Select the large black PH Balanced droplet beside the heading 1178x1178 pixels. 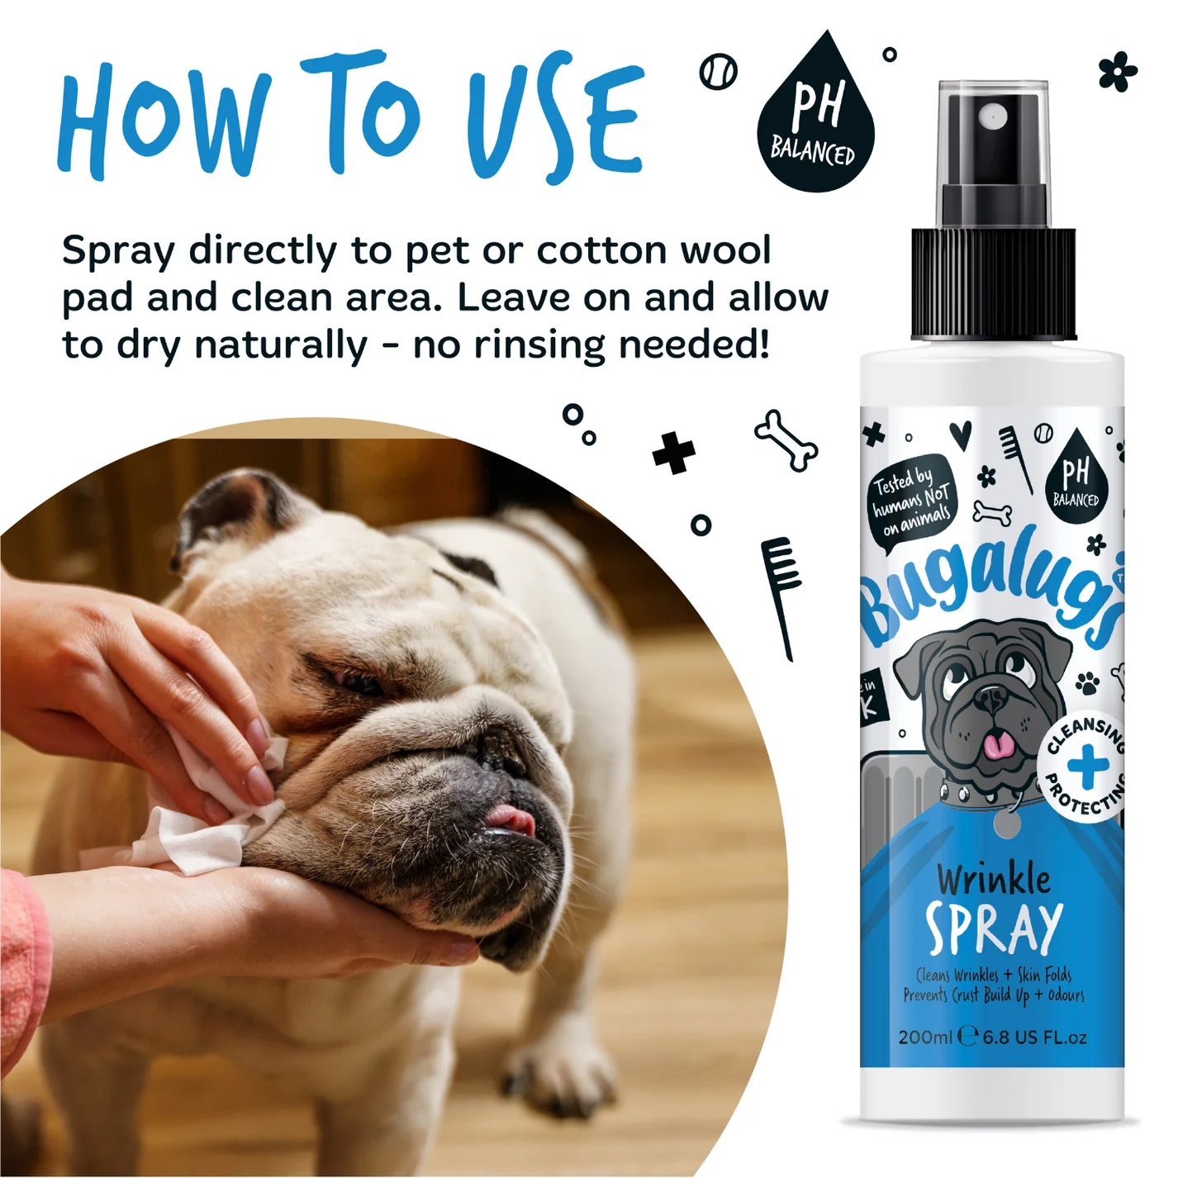(x=815, y=112)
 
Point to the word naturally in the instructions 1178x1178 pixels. (x=281, y=347)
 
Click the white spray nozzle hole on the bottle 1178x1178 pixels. (x=993, y=115)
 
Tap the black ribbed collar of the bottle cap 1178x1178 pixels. (x=994, y=283)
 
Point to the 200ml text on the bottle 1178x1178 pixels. (x=925, y=1038)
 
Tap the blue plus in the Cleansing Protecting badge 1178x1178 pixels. (x=1087, y=765)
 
